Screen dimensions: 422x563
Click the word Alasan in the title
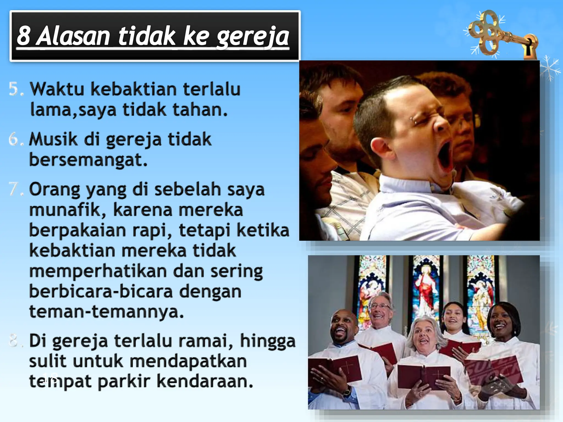pyautogui.click(x=73, y=36)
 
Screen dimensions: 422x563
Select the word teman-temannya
pyautogui.click(x=106, y=312)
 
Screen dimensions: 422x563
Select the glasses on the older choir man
pyautogui.click(x=380, y=306)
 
